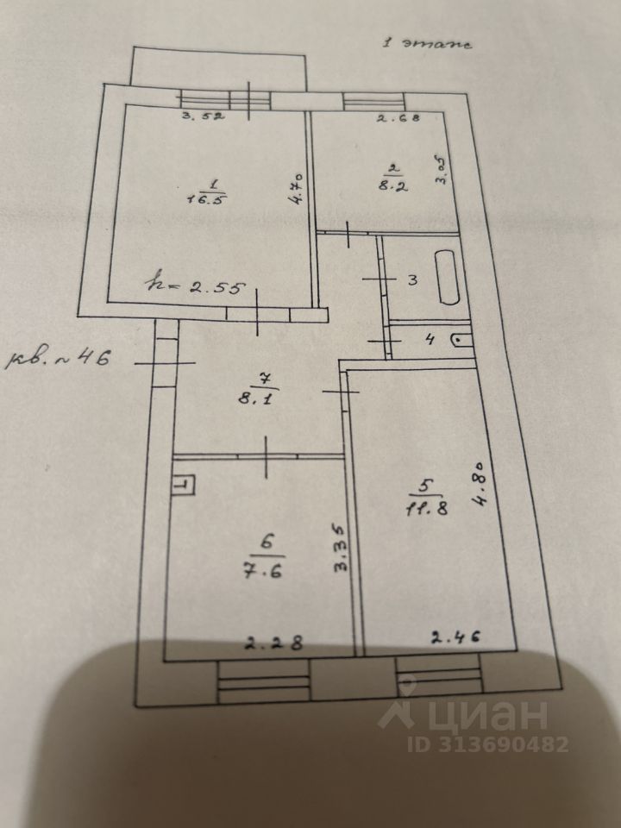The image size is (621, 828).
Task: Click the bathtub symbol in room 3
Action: point(449,276)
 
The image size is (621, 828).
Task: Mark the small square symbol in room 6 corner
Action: point(183,485)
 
